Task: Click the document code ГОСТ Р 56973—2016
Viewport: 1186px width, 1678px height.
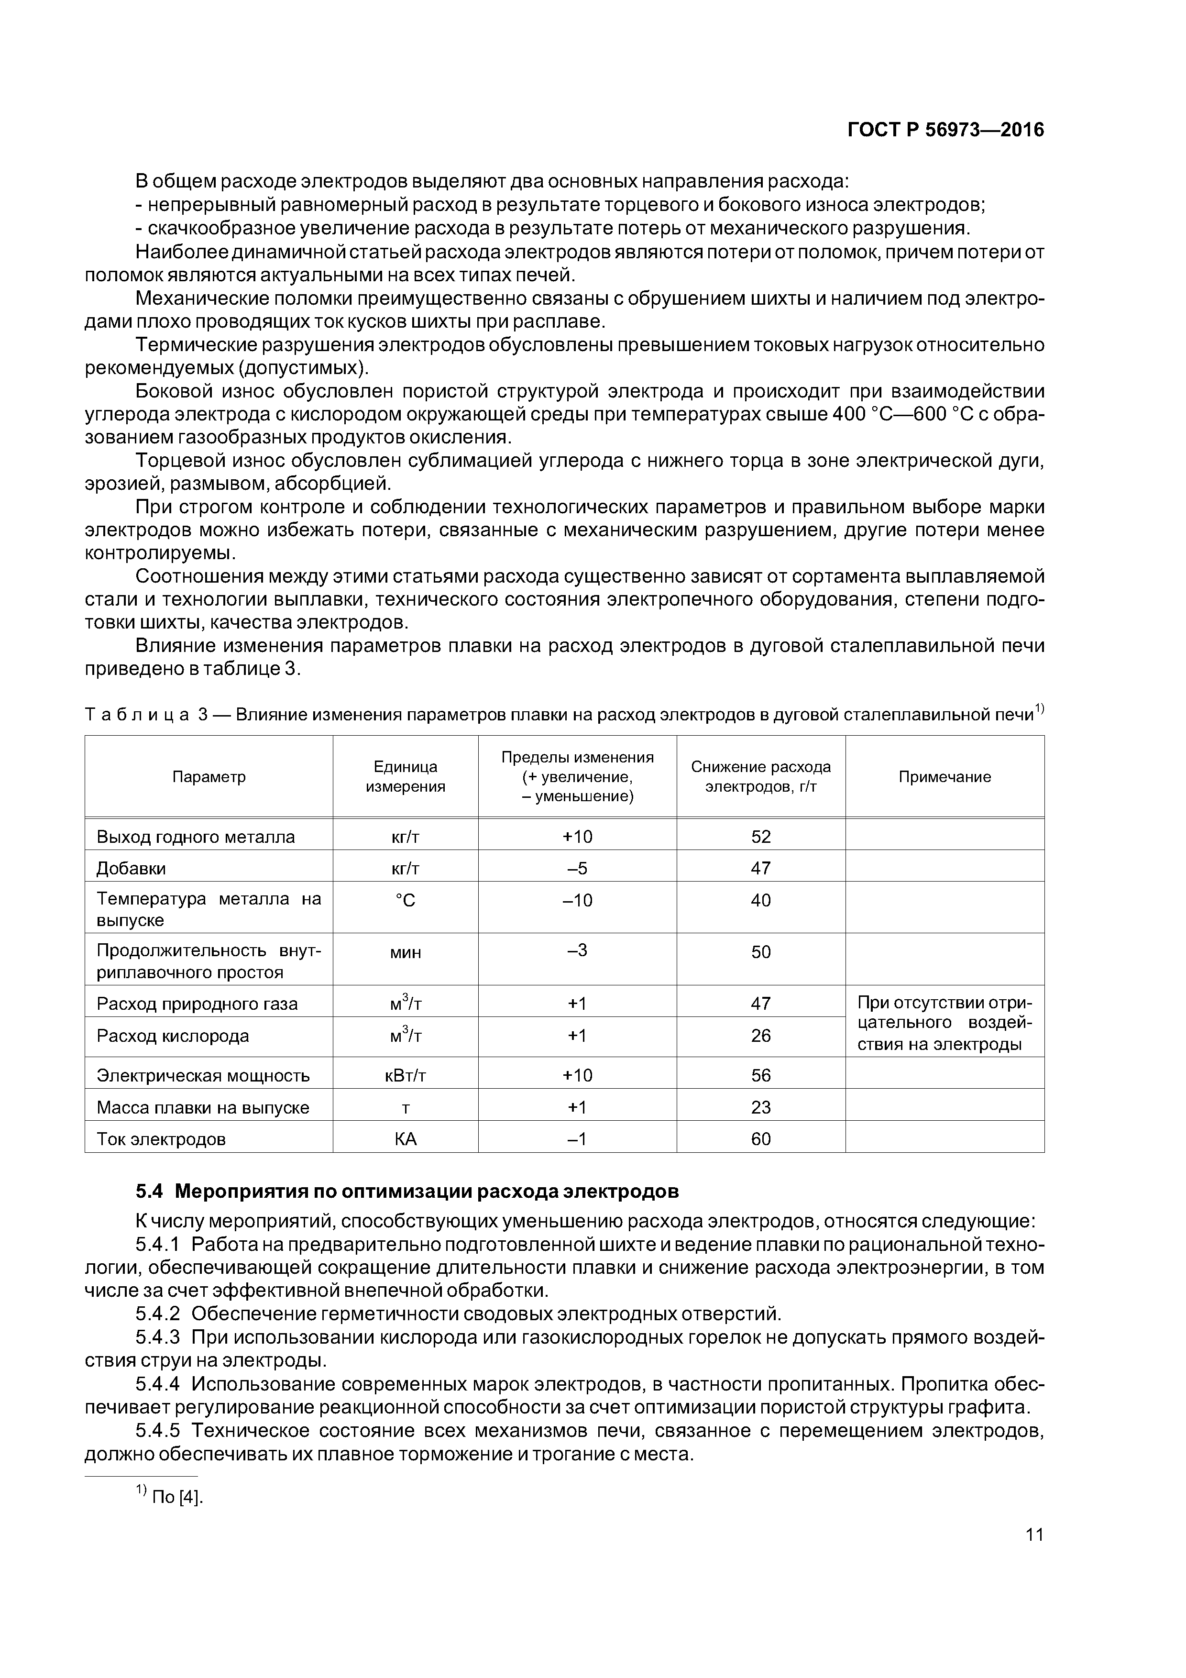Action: click(945, 130)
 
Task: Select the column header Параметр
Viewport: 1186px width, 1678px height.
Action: click(209, 776)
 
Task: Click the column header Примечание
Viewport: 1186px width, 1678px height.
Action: click(944, 776)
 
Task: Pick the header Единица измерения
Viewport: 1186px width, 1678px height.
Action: click(406, 776)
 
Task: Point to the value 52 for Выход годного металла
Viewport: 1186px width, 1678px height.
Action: click(761, 837)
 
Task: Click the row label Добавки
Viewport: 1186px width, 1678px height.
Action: click(132, 868)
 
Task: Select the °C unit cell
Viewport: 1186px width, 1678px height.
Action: click(406, 900)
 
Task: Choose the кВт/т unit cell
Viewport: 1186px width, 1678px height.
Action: click(406, 1075)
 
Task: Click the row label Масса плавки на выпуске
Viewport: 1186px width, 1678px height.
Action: click(203, 1107)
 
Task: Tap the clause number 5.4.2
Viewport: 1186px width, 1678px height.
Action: click(158, 1314)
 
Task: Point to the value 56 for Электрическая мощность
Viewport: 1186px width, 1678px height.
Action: click(761, 1075)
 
